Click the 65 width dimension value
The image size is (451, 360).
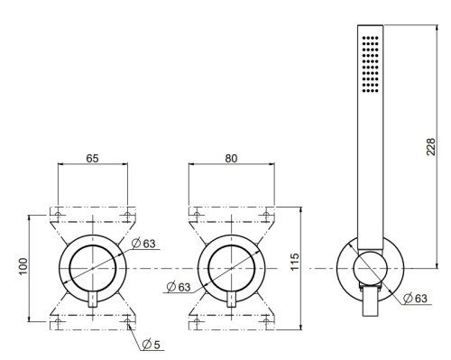tap(92, 158)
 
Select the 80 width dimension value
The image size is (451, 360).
tap(231, 158)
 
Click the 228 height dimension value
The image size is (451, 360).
tap(430, 147)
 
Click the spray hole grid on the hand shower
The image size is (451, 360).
tap(371, 64)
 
